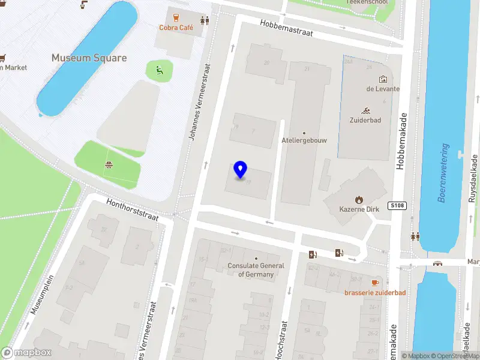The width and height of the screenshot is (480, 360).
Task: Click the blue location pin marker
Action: tap(241, 170)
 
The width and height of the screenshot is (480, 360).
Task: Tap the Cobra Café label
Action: tap(176, 28)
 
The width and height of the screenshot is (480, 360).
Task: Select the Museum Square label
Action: tap(89, 58)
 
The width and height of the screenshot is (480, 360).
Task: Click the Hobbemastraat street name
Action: tap(287, 28)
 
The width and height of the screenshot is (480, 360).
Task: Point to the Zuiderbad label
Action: tap(365, 120)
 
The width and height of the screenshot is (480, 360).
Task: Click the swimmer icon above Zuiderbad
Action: tap(365, 110)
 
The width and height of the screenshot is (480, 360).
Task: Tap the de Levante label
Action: tap(383, 89)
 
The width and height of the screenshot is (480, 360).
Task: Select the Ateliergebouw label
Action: tap(304, 140)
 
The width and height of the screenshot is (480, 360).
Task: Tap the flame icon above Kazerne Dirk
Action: tap(359, 200)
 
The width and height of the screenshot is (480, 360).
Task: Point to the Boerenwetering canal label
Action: tap(443, 173)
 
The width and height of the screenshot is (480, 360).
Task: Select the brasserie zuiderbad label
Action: tap(375, 293)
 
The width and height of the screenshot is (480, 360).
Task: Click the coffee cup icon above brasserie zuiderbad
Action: tap(375, 283)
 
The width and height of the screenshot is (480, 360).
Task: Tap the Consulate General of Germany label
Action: tap(256, 270)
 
